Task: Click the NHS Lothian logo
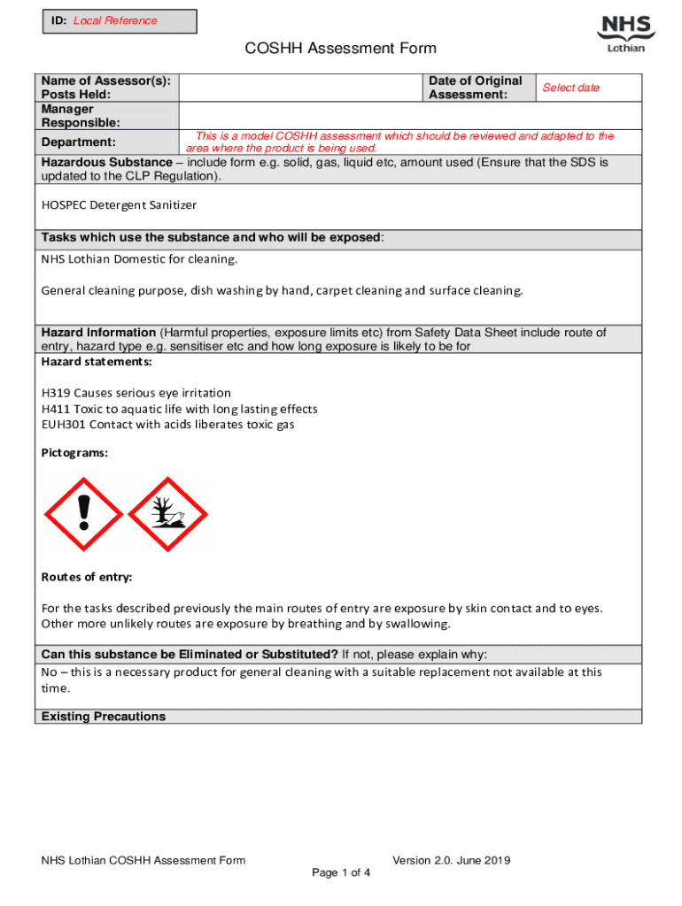point(625,34)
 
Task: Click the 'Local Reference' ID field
point(115,20)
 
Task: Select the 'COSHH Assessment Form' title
point(341,49)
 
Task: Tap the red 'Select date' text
point(570,88)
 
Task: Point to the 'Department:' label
point(79,142)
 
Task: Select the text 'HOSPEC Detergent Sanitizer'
point(119,204)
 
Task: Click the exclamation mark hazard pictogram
point(84,515)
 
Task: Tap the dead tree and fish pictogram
point(167,515)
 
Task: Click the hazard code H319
point(56,393)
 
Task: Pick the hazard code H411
point(56,409)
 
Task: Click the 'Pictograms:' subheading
point(75,452)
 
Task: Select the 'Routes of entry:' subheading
point(87,577)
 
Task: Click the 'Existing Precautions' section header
point(104,717)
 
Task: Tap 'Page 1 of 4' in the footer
point(341,873)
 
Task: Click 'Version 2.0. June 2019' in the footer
point(452,860)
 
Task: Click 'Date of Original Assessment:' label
point(475,88)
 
